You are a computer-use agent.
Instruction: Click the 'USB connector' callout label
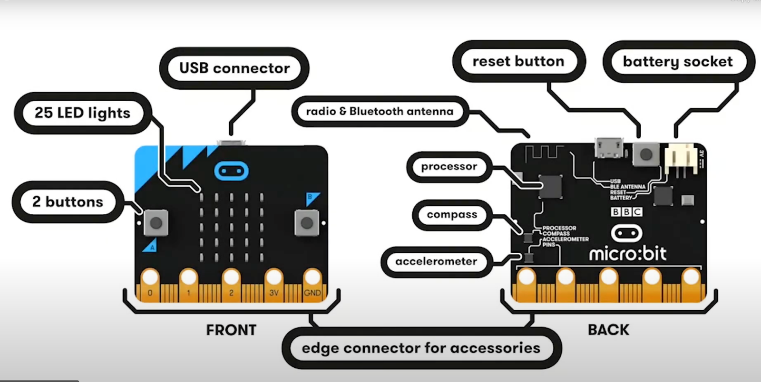click(x=234, y=68)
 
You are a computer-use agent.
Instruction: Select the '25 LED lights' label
click(x=82, y=113)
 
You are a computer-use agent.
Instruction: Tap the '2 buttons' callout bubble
click(x=68, y=201)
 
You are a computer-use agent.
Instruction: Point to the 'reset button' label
click(x=518, y=61)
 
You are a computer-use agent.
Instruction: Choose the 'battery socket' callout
click(x=677, y=62)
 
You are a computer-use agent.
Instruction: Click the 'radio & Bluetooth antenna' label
click(x=380, y=111)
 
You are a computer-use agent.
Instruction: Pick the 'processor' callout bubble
click(x=449, y=167)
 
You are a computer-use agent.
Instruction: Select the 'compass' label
click(x=451, y=215)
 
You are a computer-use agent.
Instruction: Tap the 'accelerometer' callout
click(x=436, y=261)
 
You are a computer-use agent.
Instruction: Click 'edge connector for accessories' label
click(x=421, y=348)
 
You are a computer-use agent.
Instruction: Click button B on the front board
click(x=306, y=222)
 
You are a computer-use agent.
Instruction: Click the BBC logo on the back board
click(x=626, y=211)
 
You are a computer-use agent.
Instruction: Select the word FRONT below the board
click(x=231, y=330)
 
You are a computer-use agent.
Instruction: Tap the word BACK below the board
click(x=608, y=330)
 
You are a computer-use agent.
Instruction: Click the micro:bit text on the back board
click(x=627, y=254)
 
